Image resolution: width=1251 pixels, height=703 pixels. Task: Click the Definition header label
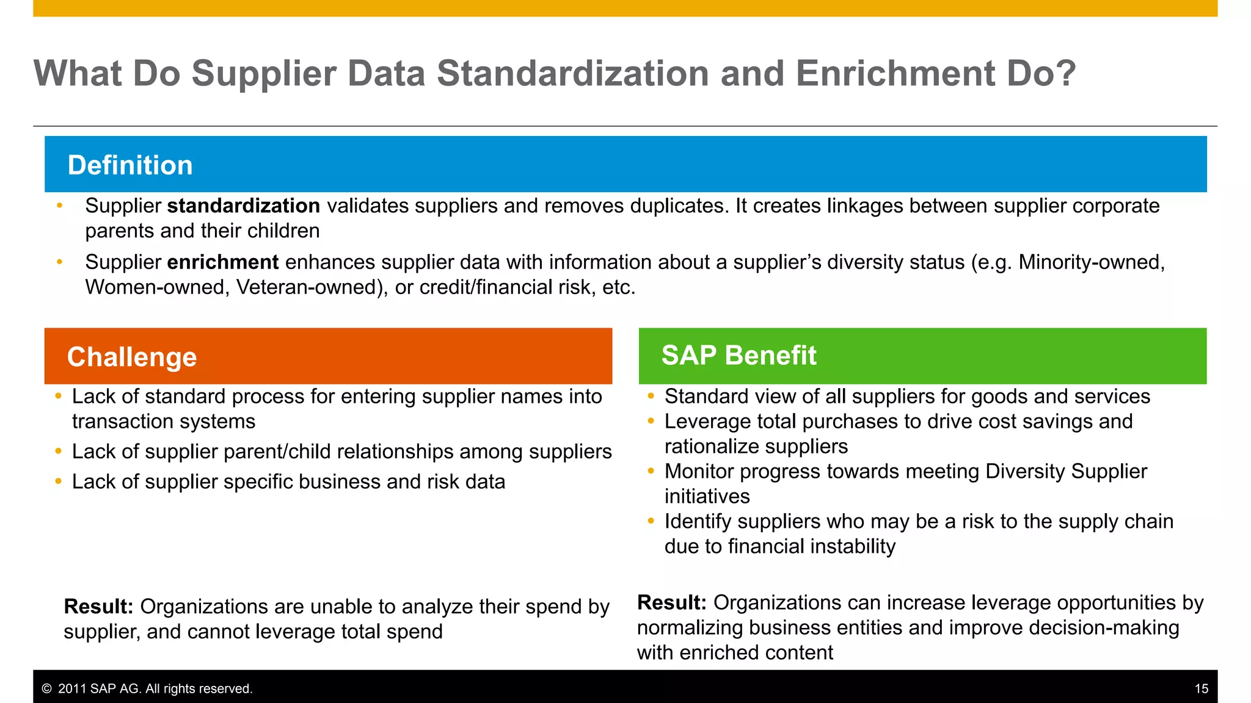(130, 165)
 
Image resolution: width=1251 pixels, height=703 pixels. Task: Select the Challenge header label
(132, 357)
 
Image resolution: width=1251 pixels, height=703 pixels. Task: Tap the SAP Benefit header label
(739, 355)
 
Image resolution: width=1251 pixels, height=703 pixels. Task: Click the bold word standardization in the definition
(243, 206)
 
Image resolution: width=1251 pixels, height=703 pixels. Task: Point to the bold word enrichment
(223, 262)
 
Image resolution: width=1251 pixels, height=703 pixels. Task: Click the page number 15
(1201, 689)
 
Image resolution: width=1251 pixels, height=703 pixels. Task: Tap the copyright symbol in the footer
(46, 689)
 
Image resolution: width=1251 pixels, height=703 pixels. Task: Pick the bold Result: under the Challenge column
(98, 607)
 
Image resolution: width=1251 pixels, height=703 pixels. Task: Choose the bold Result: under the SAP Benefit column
(672, 603)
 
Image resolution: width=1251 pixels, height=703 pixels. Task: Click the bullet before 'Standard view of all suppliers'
(651, 397)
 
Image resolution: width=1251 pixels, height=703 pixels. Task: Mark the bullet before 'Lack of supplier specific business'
(58, 482)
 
